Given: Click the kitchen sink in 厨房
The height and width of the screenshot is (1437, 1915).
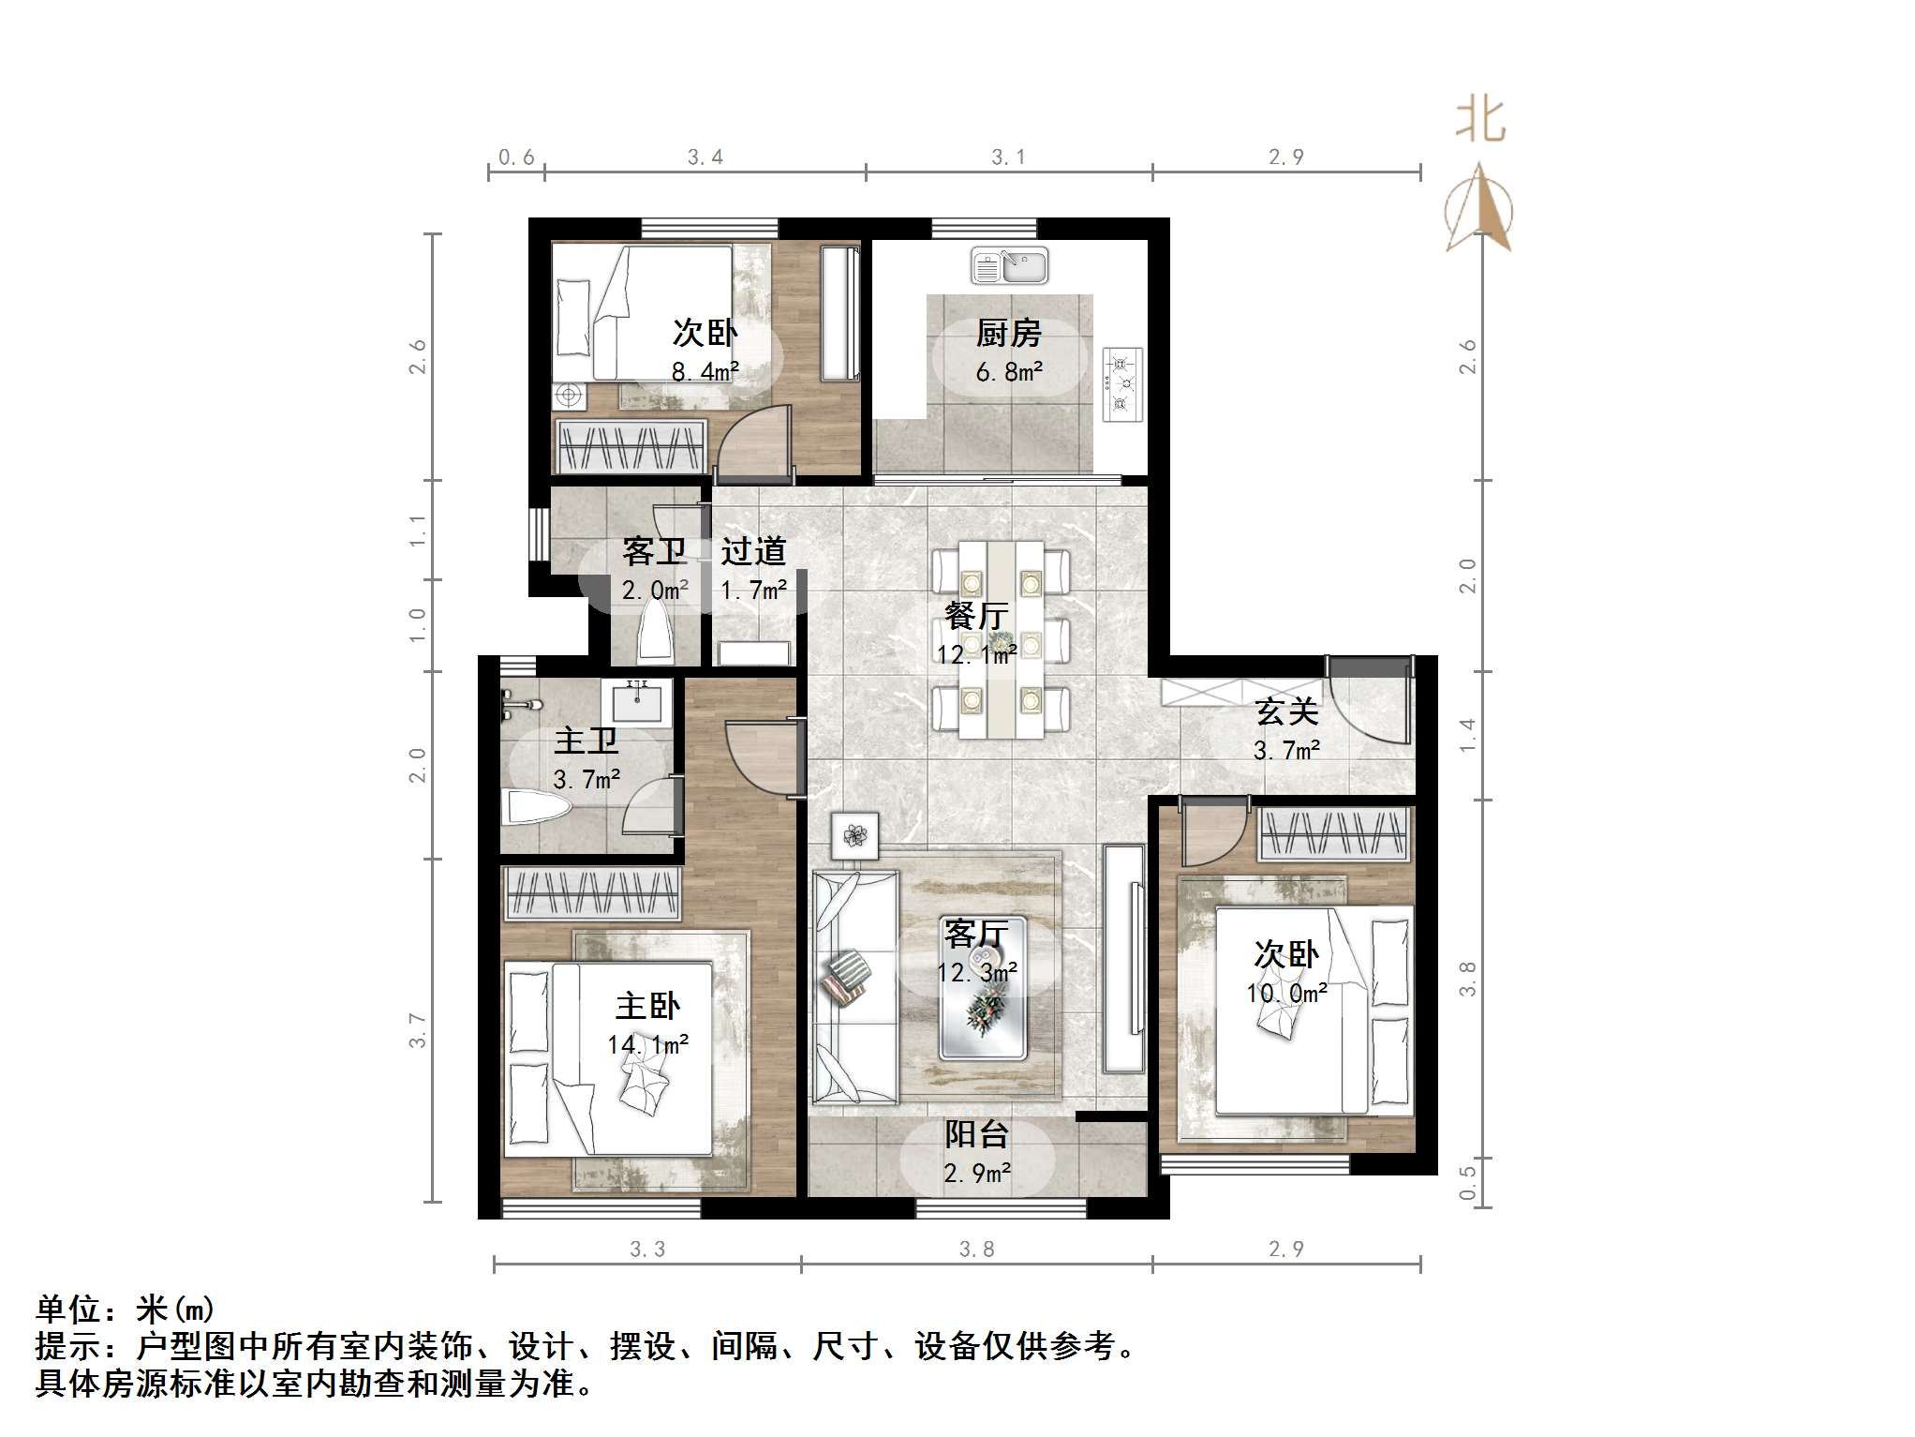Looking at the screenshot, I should (x=1009, y=265).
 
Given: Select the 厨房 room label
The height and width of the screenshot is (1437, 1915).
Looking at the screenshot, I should (x=1008, y=333).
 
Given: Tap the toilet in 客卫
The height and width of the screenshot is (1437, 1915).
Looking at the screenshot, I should (x=653, y=633).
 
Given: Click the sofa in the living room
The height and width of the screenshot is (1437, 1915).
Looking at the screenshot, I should (x=854, y=986).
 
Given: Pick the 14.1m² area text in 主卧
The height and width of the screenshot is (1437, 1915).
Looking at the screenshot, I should (x=648, y=1044).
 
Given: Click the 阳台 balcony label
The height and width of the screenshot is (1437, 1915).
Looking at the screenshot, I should (x=976, y=1134).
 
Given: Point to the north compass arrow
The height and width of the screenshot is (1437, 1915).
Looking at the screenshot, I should (x=1479, y=209).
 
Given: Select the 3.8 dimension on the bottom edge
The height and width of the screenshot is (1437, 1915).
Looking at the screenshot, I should (x=976, y=1249).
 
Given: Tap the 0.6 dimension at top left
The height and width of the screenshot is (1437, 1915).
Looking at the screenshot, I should (x=516, y=157).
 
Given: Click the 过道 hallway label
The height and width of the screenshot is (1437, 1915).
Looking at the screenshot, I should (x=752, y=551).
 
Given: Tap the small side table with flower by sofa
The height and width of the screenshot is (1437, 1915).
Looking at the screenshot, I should (x=854, y=834).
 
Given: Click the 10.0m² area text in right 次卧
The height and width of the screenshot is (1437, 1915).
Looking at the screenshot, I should (x=1286, y=993).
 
